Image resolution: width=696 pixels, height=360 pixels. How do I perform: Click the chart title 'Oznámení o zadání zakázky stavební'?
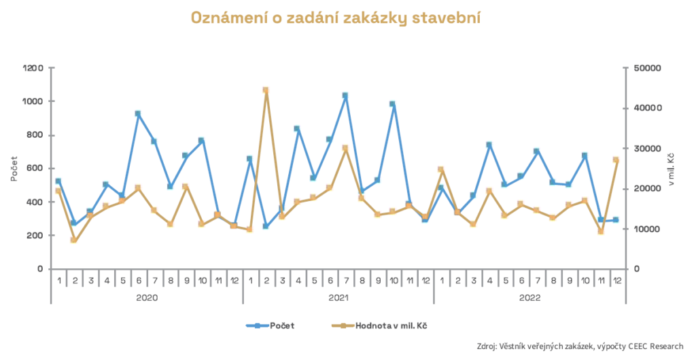336,18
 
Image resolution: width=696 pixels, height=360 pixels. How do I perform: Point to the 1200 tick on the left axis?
33,68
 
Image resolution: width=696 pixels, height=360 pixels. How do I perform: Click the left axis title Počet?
14,168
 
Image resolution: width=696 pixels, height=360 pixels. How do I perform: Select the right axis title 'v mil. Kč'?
672,168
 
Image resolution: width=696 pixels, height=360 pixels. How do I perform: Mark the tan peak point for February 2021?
265,90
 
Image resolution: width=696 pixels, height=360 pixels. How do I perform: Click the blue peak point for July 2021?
345,96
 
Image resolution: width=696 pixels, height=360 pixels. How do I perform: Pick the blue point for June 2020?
138,113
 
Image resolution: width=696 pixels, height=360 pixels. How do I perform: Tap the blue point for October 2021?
393,104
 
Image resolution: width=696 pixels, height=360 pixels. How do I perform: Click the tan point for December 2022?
616,160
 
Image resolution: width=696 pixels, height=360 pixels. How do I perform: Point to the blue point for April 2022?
489,145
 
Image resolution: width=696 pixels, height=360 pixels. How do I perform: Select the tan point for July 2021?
345,148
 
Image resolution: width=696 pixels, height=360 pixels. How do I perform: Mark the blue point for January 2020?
58,181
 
